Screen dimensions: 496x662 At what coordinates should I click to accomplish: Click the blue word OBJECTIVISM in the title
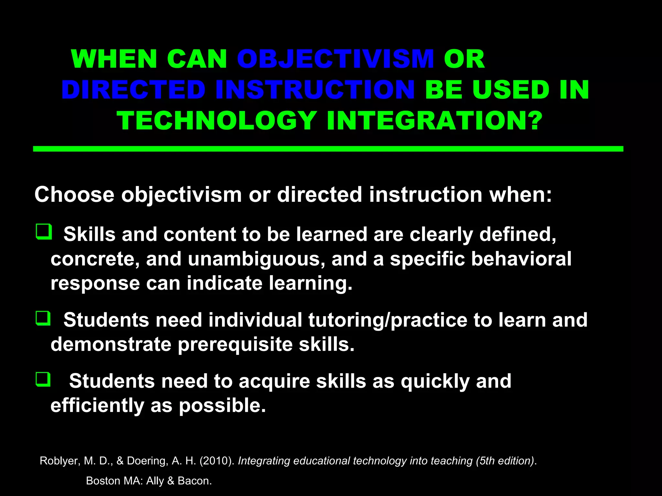pos(335,59)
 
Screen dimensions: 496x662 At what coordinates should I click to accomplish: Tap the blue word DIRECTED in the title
pos(133,90)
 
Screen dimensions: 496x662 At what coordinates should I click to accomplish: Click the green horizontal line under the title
pos(328,149)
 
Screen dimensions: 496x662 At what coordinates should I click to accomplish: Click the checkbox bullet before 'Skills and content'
pos(44,232)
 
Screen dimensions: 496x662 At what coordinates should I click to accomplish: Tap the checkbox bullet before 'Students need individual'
pos(43,318)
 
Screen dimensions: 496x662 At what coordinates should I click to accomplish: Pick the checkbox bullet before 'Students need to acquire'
pos(43,379)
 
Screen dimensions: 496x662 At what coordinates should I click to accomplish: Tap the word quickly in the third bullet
pos(435,381)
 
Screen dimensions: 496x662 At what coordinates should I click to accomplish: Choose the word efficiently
pos(97,406)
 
